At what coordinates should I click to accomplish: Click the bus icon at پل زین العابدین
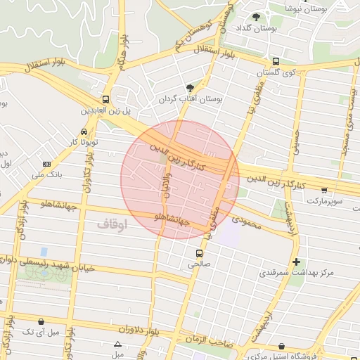coord(105,99)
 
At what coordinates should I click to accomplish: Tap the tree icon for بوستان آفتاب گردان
coord(190,88)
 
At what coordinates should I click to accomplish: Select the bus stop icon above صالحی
coord(199,252)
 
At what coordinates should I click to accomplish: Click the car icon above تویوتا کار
coord(84,131)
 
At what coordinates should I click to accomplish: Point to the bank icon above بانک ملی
coord(46,163)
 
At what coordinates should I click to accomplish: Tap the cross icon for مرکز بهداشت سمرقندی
coord(295,261)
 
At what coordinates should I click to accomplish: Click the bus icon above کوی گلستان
coord(276,61)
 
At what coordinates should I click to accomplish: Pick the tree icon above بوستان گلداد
coord(257,17)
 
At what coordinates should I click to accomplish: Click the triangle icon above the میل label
coord(118,344)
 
